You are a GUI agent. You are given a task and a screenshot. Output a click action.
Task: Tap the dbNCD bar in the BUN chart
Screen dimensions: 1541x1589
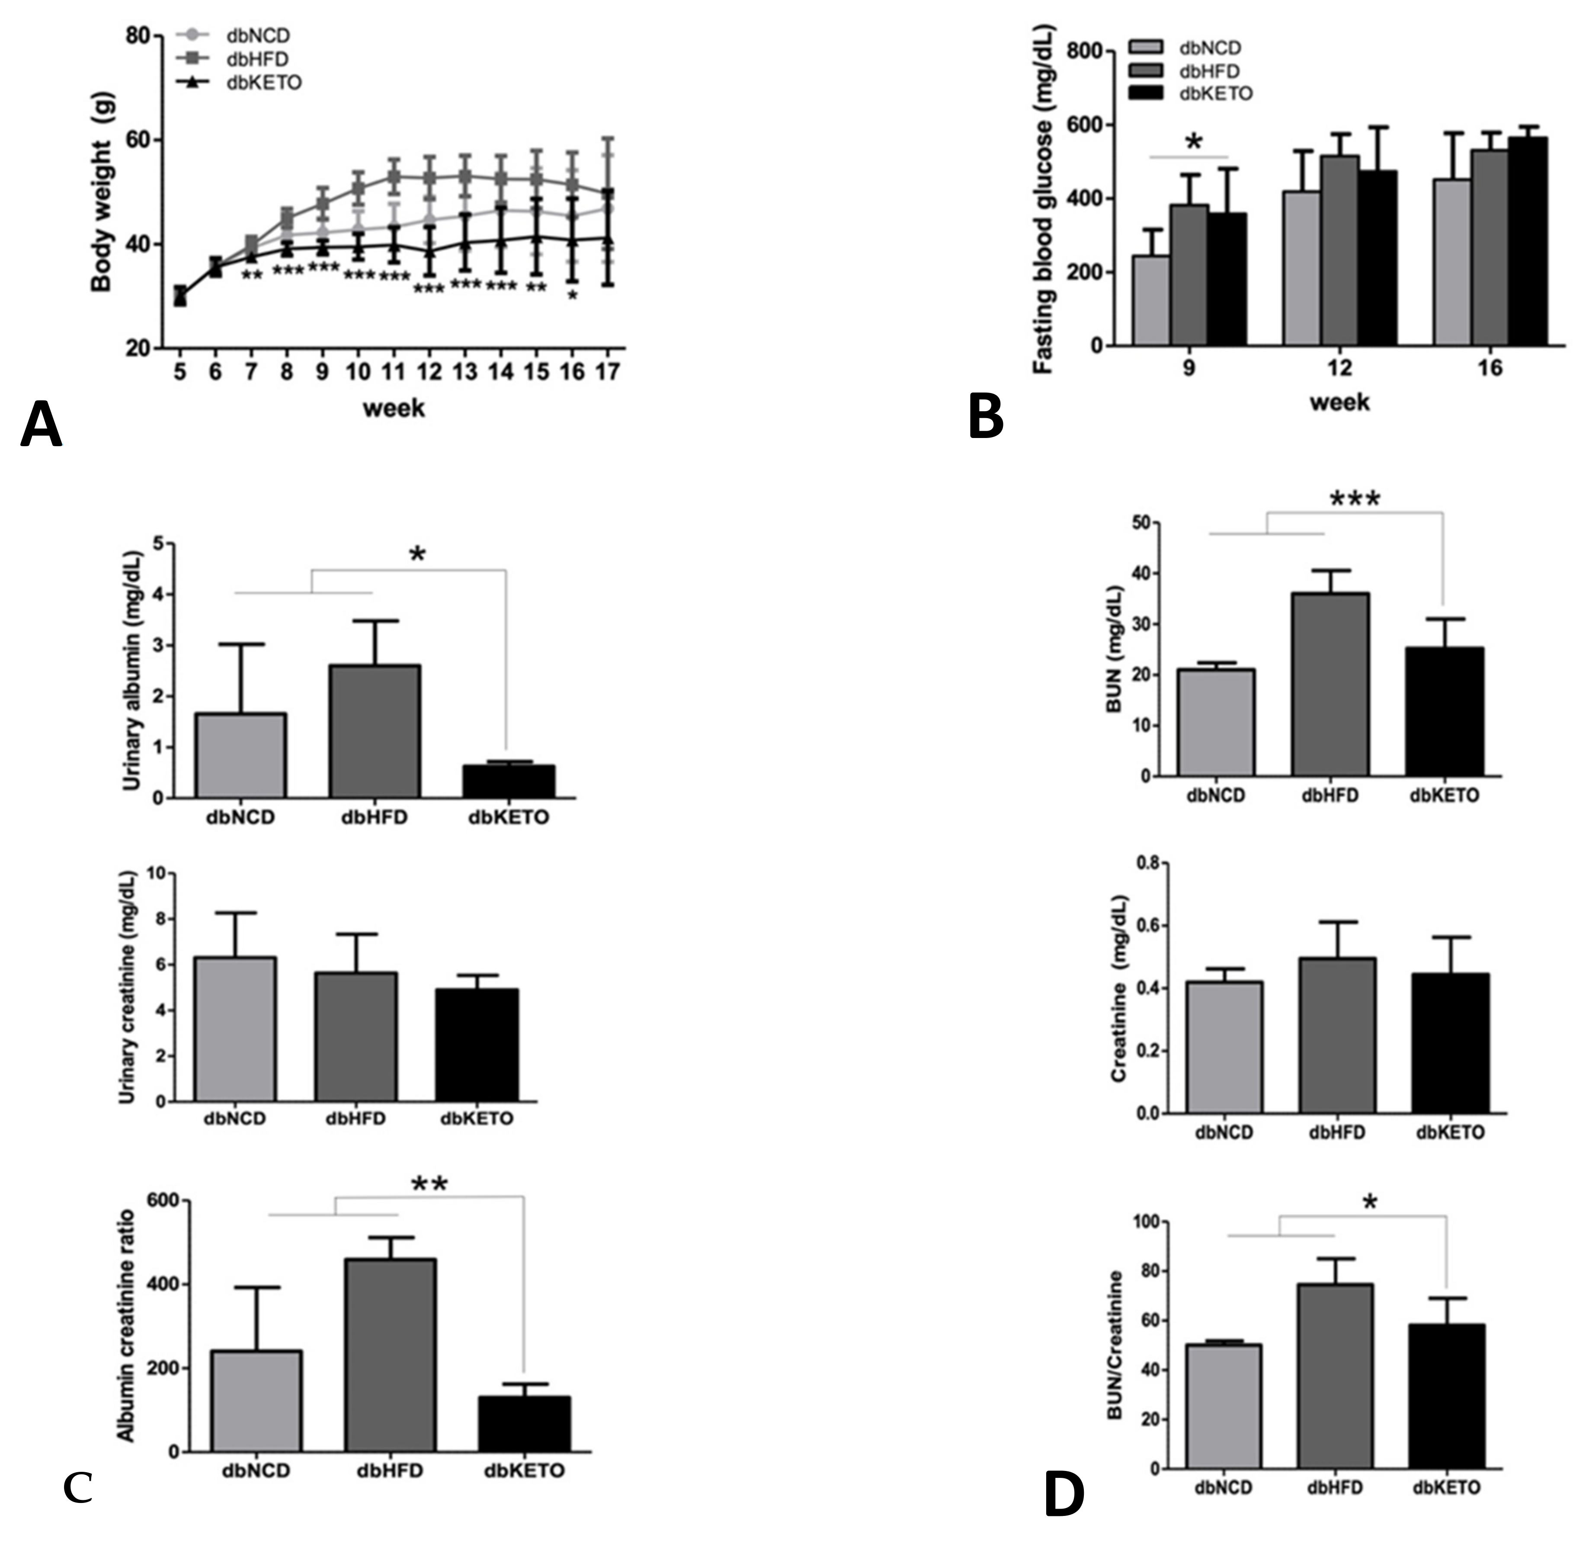click(1216, 722)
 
